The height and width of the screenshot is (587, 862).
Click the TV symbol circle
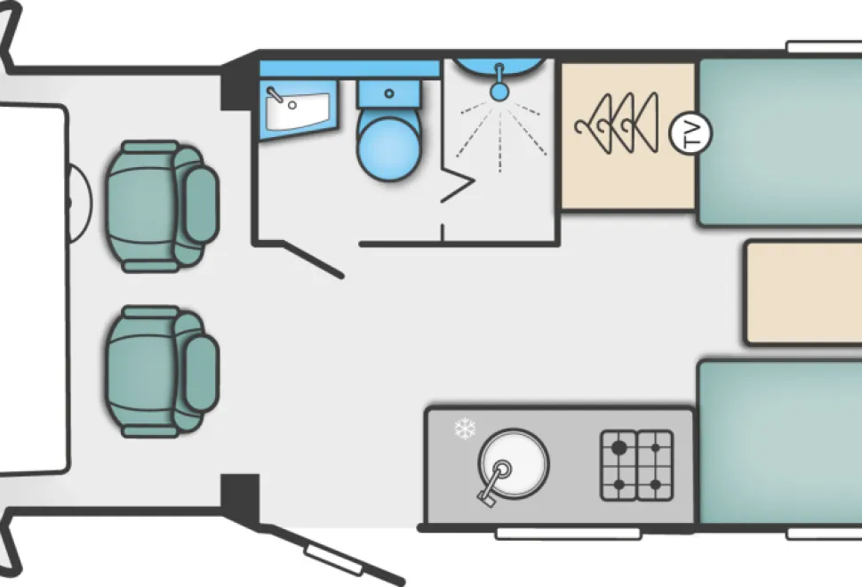[690, 133]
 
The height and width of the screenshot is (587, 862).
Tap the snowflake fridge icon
[465, 429]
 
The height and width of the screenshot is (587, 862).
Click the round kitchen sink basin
[514, 463]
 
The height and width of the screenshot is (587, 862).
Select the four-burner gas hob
[636, 465]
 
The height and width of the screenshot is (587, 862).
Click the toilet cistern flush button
[389, 93]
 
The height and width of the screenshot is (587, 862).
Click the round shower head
[499, 92]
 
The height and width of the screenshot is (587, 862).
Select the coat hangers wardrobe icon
[616, 123]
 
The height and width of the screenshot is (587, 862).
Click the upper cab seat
[163, 206]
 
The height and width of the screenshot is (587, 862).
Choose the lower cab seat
[163, 372]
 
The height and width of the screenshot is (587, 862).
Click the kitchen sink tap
[494, 482]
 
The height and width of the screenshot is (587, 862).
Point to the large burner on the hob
[619, 448]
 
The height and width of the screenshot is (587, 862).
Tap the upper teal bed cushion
[779, 142]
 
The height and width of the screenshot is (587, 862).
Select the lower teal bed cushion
[779, 442]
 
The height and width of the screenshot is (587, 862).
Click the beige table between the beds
[803, 293]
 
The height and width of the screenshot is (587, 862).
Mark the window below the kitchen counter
[568, 534]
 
